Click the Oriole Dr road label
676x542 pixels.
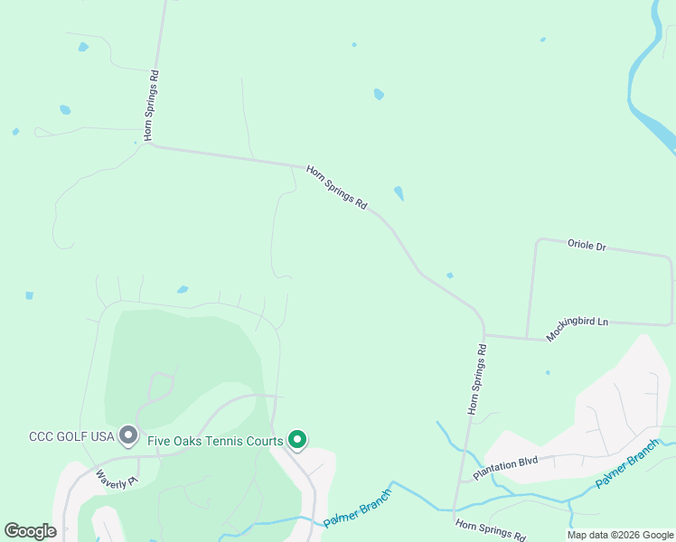pos(587,245)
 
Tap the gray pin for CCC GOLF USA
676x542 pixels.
pos(128,436)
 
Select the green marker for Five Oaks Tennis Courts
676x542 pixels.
pos(297,440)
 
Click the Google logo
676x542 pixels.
pos(31,531)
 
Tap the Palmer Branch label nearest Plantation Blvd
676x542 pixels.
pos(627,463)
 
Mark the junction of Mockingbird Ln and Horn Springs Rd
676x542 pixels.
pos(484,337)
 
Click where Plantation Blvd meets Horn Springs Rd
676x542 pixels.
pos(462,480)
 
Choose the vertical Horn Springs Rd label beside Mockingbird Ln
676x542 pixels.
pos(476,378)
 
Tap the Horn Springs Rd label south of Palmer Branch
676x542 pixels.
pos(490,529)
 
